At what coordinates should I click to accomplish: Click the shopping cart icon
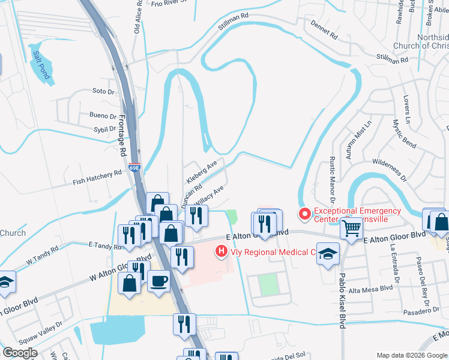point(351,227)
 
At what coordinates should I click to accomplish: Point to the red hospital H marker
point(221,251)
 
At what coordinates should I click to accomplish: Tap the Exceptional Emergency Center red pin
point(305,213)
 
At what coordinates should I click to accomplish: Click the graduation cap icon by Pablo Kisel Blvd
point(328,253)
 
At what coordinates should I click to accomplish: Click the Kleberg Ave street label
point(202,172)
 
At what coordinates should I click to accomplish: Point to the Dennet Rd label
point(324,29)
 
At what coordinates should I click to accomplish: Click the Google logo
point(20,352)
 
